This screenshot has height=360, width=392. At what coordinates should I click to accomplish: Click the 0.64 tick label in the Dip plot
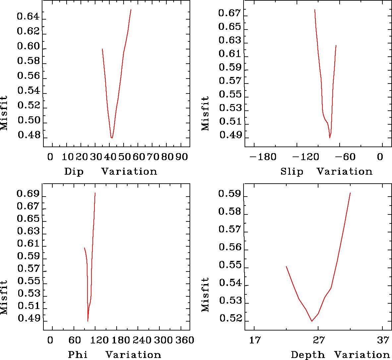tap(28, 17)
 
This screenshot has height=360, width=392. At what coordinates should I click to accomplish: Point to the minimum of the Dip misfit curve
tap(112, 138)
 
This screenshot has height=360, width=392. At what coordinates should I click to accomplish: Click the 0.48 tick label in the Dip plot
tap(28, 135)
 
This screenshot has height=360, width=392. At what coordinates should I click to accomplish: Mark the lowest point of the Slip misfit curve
tap(330, 138)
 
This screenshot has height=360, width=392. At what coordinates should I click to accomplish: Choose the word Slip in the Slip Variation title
tap(292, 172)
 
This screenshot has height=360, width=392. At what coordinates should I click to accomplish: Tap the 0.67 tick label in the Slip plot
tap(229, 13)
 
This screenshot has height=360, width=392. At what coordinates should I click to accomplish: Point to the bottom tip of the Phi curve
tap(88, 321)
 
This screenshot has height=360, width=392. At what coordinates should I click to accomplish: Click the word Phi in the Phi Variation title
tap(78, 355)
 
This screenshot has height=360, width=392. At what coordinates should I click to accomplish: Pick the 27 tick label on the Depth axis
tap(318, 340)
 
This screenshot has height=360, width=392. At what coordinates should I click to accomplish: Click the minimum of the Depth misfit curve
tap(312, 321)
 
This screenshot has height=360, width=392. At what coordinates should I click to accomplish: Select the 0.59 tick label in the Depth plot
tap(229, 194)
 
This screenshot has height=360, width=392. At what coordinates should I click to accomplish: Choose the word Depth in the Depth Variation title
tap(308, 355)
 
